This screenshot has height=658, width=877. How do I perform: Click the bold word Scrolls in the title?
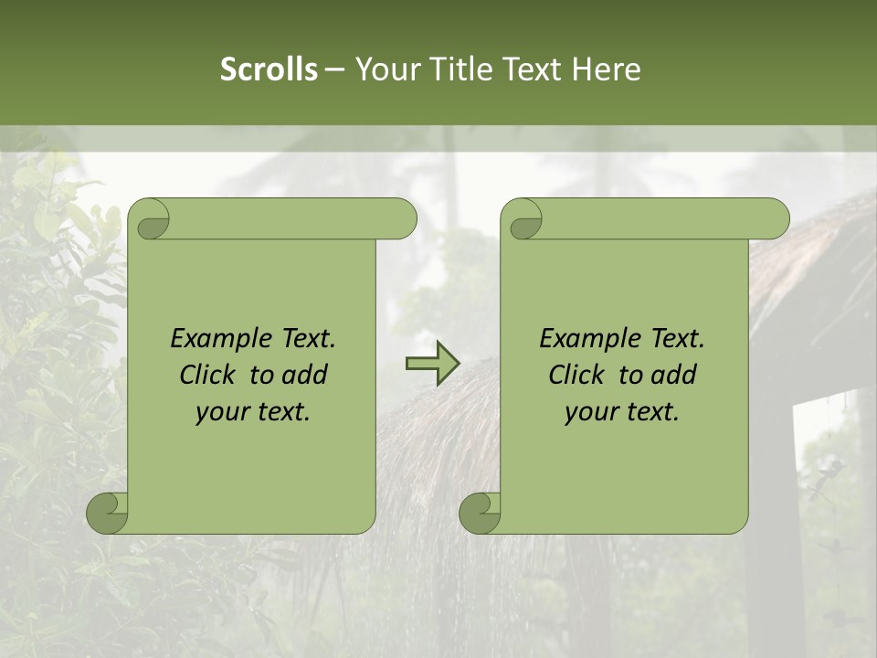click(269, 69)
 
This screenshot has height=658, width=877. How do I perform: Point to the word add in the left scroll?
click(306, 375)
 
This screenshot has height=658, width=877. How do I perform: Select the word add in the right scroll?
click(675, 375)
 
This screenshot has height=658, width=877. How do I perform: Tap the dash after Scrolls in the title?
click(334, 69)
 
